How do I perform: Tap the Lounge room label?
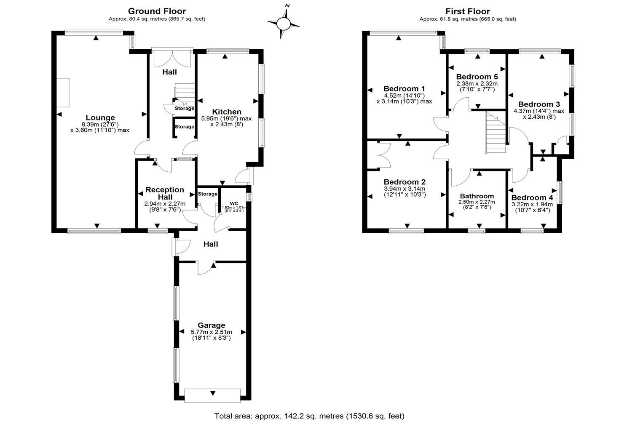click(100, 117)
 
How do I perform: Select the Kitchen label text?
click(227, 112)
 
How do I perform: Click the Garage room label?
click(212, 325)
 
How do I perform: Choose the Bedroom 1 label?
click(404, 89)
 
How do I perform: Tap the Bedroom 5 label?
click(477, 77)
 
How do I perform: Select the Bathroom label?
click(477, 196)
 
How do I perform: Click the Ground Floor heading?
click(157, 11)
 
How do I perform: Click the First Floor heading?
click(468, 11)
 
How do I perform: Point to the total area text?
click(309, 416)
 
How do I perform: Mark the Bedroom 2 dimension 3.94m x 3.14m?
click(405, 189)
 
